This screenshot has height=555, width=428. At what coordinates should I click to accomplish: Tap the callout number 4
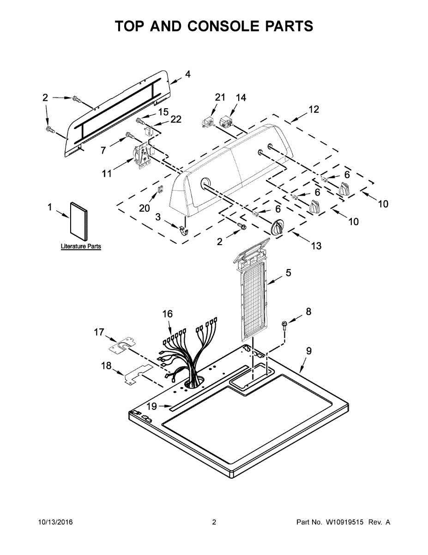pyautogui.click(x=187, y=74)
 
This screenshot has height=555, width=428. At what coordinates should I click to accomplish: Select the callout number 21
pyautogui.click(x=220, y=97)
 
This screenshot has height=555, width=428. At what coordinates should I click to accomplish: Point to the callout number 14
pyautogui.click(x=241, y=98)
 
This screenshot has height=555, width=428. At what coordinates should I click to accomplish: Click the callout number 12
pyautogui.click(x=314, y=109)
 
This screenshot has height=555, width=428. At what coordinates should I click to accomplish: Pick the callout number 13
pyautogui.click(x=316, y=246)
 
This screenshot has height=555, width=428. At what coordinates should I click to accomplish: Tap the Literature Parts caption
pyautogui.click(x=81, y=247)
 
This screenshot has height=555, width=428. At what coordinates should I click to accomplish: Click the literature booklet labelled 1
pyautogui.click(x=78, y=221)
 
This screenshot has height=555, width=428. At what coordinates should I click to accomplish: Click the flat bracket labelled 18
pyautogui.click(x=138, y=374)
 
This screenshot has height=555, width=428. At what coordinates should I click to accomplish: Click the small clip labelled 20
pyautogui.click(x=161, y=189)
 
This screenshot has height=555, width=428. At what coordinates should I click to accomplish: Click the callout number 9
pyautogui.click(x=309, y=351)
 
